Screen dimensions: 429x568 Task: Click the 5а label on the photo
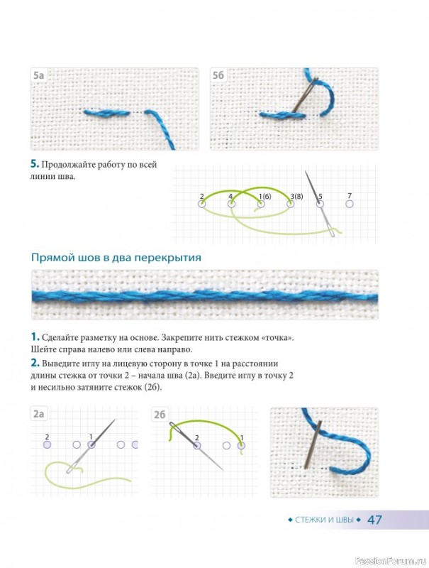[x=39, y=75]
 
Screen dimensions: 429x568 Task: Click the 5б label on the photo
[x=218, y=75]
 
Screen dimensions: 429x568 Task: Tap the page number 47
[x=374, y=520]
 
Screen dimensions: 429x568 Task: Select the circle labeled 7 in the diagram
[x=350, y=204]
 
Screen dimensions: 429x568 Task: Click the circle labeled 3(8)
[x=291, y=204]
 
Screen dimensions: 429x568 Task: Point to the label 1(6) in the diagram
[x=264, y=197]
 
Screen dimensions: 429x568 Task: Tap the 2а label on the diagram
[x=39, y=414]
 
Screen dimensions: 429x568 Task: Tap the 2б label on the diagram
[x=160, y=415]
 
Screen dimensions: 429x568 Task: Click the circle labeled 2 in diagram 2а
[x=47, y=444]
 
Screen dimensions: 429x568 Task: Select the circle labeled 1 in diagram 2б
[x=241, y=445]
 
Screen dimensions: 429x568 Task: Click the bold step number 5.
[x=34, y=164]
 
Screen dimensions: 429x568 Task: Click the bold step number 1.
[x=35, y=337]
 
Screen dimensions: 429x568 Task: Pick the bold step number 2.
[x=35, y=363]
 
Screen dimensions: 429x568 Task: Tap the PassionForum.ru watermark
[x=391, y=560]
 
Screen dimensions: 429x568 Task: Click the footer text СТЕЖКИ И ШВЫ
[x=324, y=520]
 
